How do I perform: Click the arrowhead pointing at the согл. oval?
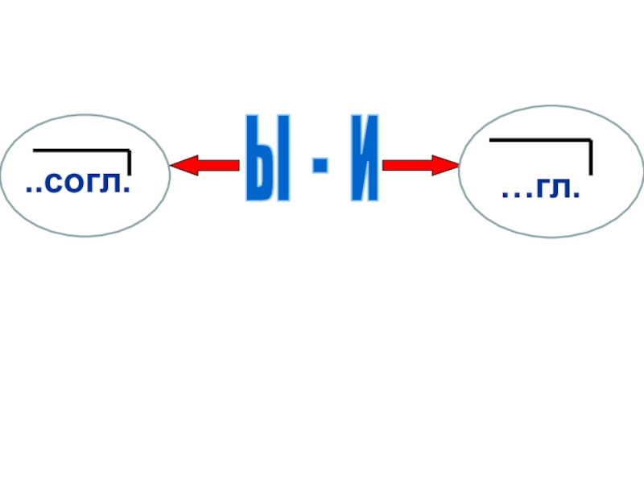coord(180,166)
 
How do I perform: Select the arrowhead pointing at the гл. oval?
coord(448,166)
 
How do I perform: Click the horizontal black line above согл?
coord(80,150)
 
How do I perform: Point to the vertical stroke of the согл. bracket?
coord(129,162)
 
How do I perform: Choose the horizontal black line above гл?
coord(539,140)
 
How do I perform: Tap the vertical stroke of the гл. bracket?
coord(590,157)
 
